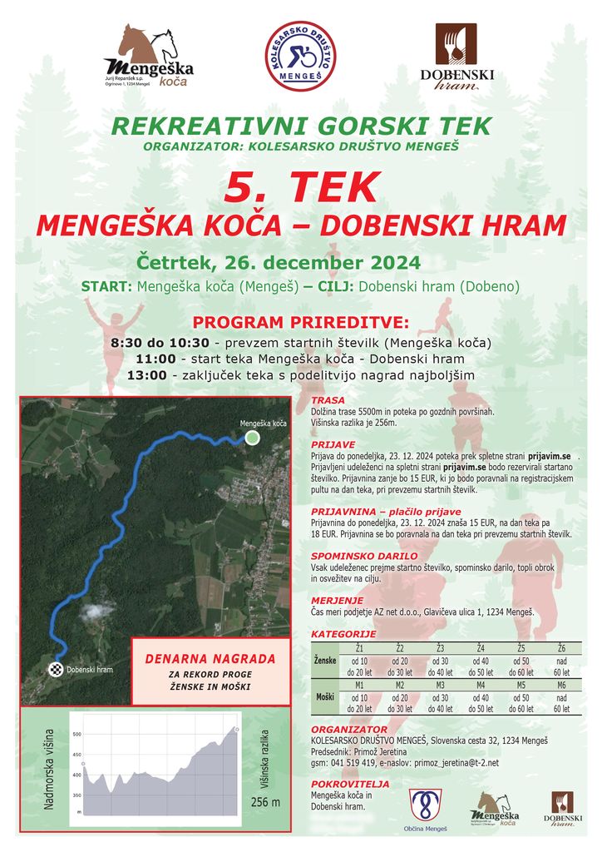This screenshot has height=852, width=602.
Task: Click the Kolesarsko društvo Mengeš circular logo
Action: coord(300,57)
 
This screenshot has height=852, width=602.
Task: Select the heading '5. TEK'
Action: coord(302,188)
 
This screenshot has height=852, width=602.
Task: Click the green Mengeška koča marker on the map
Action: coord(253,438)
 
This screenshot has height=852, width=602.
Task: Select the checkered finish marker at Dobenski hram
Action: coord(56,669)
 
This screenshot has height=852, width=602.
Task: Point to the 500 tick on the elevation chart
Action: coord(76,735)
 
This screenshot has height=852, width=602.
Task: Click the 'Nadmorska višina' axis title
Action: coord(49,770)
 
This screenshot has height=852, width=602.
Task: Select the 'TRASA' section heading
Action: coord(328,400)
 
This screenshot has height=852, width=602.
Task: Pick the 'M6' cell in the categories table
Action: coord(561,686)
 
